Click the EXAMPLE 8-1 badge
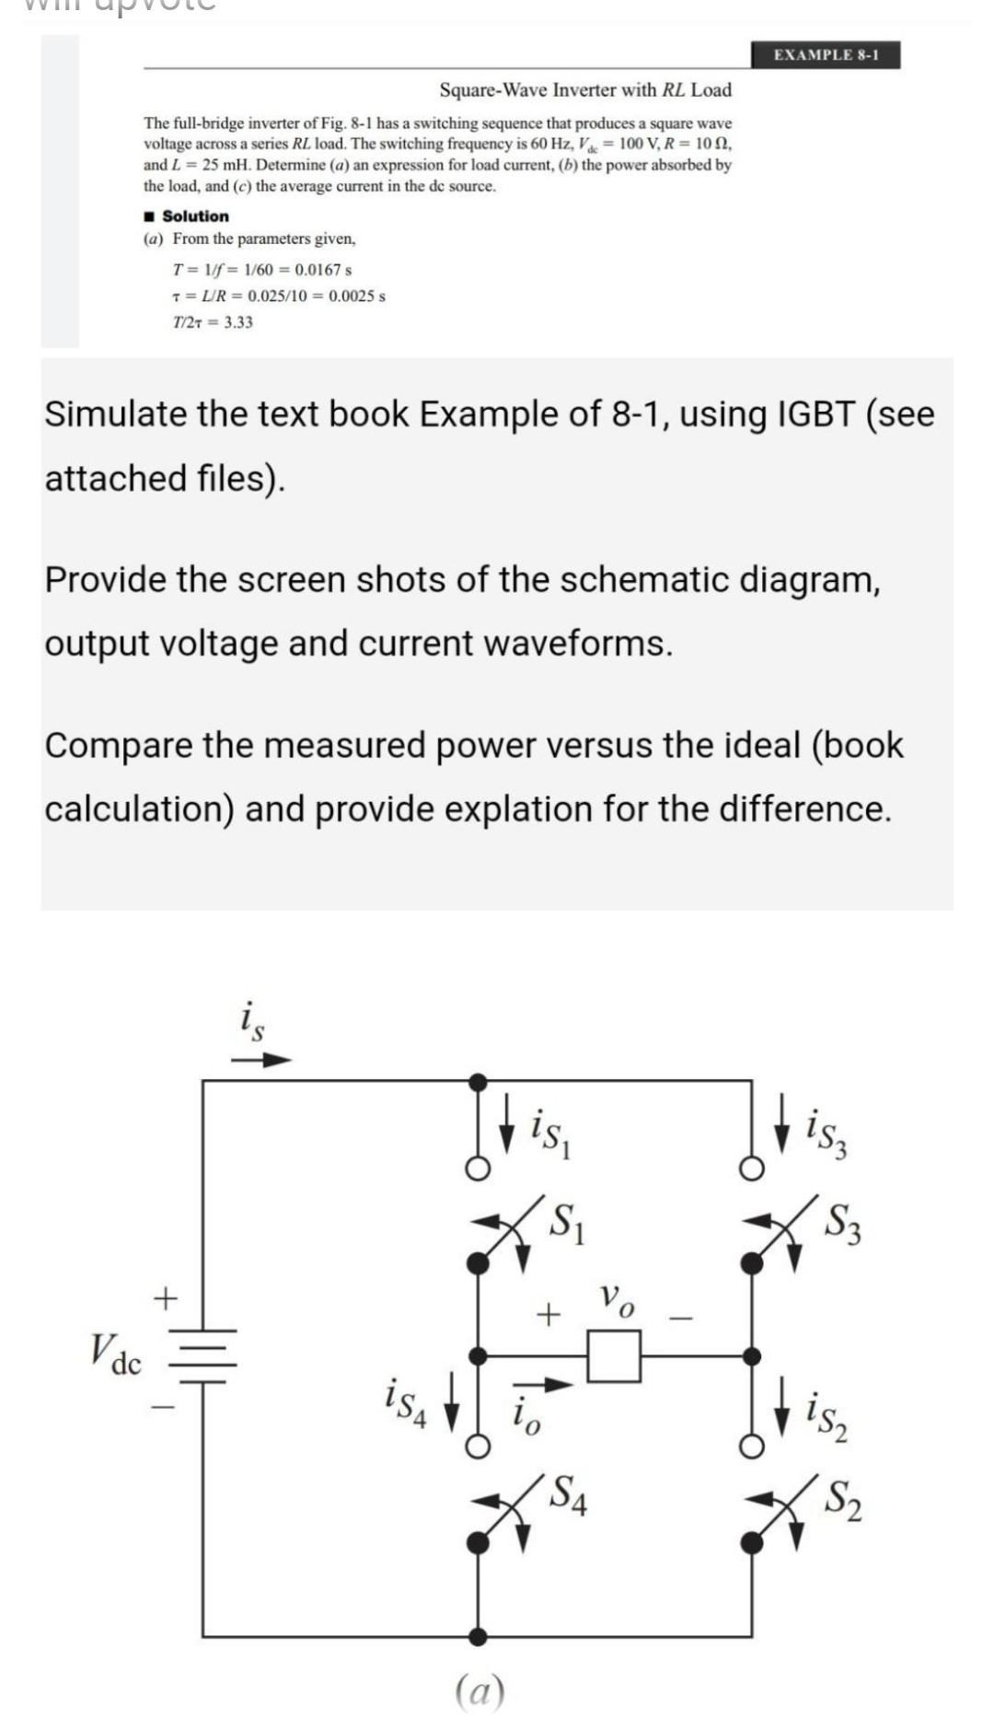click(x=826, y=55)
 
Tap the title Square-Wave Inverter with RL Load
click(x=585, y=90)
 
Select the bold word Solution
click(x=195, y=216)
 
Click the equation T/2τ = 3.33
click(x=213, y=322)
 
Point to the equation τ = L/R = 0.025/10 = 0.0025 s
click(x=279, y=297)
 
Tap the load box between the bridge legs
click(x=614, y=1356)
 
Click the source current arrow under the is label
click(x=261, y=1060)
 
